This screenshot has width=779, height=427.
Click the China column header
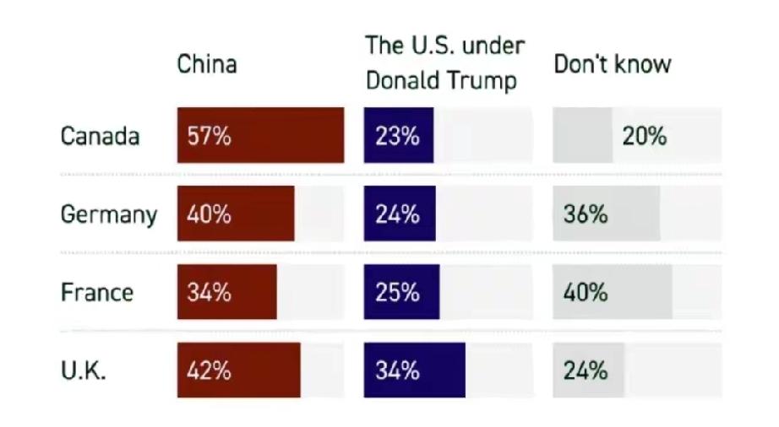[x=207, y=65]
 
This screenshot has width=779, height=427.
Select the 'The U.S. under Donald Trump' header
[x=444, y=64]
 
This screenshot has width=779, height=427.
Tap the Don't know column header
[x=612, y=65]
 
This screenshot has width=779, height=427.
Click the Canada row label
[x=100, y=136]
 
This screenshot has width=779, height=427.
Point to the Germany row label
[x=108, y=214]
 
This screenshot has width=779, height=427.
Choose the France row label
[x=96, y=293]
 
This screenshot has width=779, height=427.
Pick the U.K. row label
[x=83, y=371]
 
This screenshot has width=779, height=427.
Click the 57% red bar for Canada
[x=260, y=136]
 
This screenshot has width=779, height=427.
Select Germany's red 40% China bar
[x=236, y=214]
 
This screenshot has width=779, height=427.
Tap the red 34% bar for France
[x=226, y=293]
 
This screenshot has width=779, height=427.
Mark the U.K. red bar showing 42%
[x=238, y=370]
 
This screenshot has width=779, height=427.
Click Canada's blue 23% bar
[x=399, y=136]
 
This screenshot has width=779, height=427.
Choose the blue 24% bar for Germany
[x=400, y=214]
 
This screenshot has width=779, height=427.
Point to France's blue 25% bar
[x=401, y=293]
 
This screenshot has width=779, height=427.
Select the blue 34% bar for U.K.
[x=414, y=370]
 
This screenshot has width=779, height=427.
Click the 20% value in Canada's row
[x=645, y=136]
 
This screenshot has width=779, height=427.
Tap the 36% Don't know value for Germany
[x=586, y=214]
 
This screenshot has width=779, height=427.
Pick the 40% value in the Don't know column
[x=586, y=293]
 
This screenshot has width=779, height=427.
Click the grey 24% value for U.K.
[x=586, y=370]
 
